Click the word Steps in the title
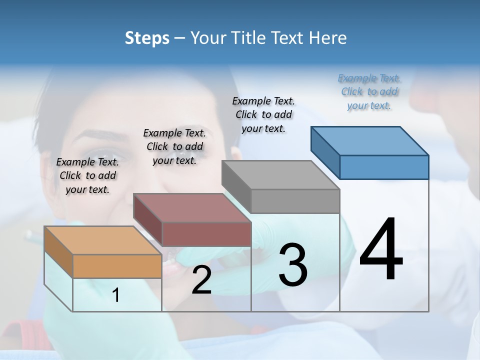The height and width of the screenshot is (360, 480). [147, 38]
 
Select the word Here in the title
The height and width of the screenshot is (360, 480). [328, 38]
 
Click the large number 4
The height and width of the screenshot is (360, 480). [381, 250]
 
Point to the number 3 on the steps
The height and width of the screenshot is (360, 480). [292, 265]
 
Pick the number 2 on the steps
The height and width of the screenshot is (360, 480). [201, 280]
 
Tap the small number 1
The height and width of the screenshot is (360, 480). [116, 295]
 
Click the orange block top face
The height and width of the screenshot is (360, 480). [102, 240]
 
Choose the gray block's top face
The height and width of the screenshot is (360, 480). [280, 175]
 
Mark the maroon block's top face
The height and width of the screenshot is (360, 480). [191, 208]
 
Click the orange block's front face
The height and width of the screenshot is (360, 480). [117, 266]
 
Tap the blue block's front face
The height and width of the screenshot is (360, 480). [384, 167]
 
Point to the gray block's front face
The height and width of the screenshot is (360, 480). [295, 201]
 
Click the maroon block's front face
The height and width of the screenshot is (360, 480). [206, 234]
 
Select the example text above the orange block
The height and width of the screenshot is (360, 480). [87, 175]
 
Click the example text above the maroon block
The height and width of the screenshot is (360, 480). [174, 146]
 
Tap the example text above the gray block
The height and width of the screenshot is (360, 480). [263, 114]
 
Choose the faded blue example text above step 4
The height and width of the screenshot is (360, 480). [369, 91]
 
